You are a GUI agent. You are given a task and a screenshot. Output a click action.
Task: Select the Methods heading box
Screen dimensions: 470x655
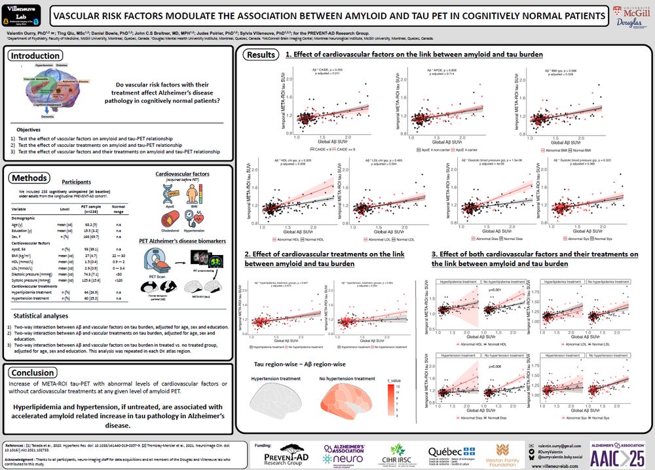click(29, 178)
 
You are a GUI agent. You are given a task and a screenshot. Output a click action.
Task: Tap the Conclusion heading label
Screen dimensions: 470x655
click(33, 373)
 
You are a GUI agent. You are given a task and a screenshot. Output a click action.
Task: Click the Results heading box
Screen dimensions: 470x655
click(261, 55)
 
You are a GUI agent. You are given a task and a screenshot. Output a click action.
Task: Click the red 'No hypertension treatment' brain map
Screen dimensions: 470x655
click(343, 401)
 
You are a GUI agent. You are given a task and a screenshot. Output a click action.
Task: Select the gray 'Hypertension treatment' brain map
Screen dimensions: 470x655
click(277, 401)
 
